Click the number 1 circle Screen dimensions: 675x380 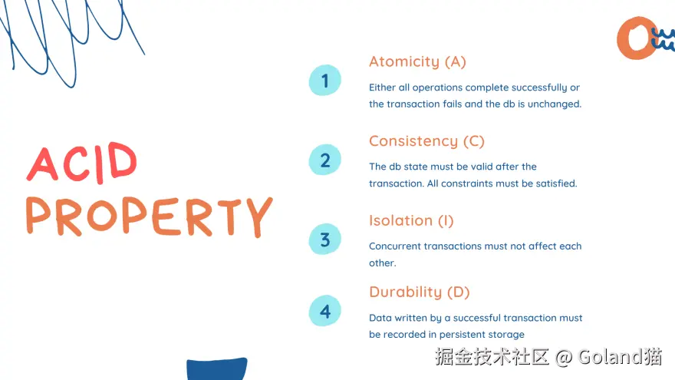[325, 80]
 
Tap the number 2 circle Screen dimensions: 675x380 [325, 160]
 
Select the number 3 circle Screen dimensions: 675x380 [325, 239]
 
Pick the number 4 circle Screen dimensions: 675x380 [325, 311]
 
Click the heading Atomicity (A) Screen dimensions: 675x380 [417, 61]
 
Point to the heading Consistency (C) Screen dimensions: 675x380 [426, 141]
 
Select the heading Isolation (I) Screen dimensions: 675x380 [411, 220]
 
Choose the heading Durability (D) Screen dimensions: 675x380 [420, 292]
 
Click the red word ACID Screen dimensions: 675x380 [82, 163]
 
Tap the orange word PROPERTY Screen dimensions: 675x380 [149, 216]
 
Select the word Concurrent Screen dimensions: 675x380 [395, 246]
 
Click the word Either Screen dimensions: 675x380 [382, 88]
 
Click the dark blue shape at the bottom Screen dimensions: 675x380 [217, 368]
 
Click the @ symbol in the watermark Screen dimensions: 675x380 [564, 358]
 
